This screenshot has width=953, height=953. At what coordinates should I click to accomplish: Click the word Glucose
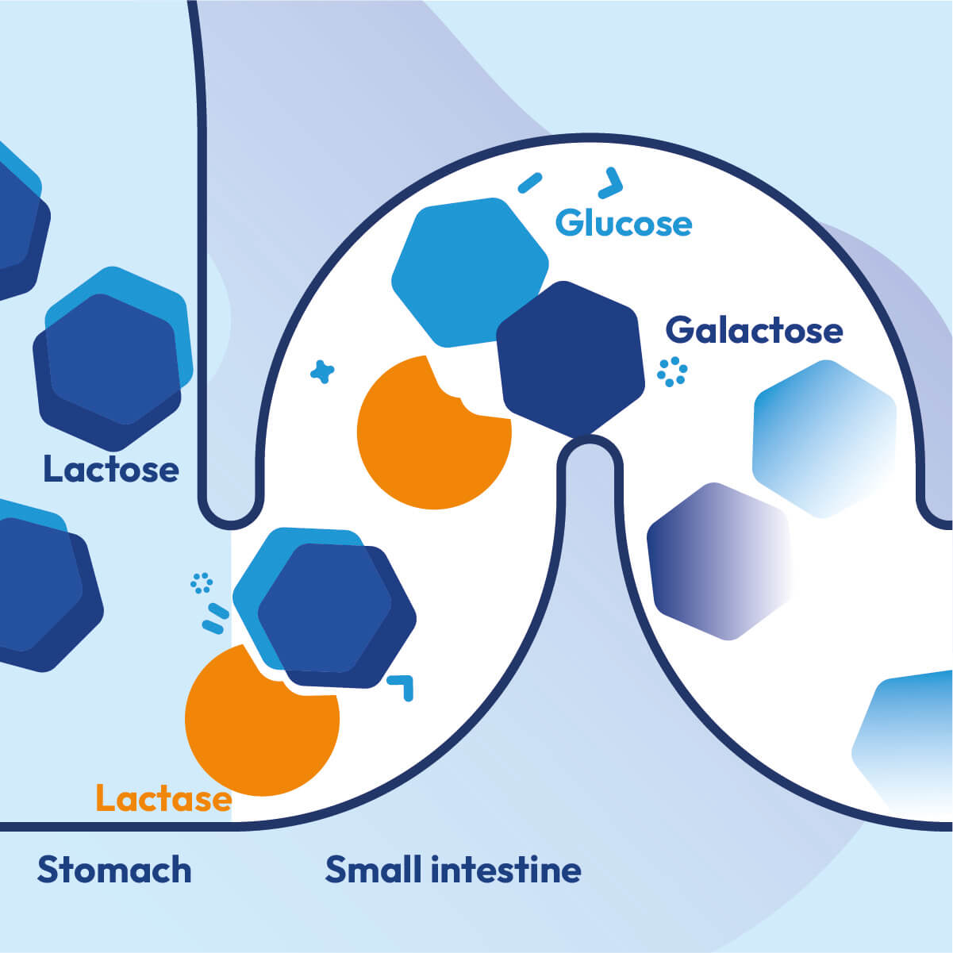coord(624,224)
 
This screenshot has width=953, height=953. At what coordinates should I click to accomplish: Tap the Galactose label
coord(753,330)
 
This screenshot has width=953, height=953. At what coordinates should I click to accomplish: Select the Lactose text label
coord(111,470)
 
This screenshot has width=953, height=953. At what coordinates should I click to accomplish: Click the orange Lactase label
coord(163,798)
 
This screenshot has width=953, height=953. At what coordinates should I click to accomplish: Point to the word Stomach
coord(114,870)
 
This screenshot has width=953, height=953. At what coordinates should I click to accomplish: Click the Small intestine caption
coord(453,870)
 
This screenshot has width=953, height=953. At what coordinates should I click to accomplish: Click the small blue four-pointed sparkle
coord(322,371)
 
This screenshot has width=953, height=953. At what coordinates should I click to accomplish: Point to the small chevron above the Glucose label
coord(610,183)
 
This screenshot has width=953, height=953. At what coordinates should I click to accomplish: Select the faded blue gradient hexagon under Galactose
coord(824,438)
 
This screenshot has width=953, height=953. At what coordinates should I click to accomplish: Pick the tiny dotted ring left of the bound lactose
coord(202,583)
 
